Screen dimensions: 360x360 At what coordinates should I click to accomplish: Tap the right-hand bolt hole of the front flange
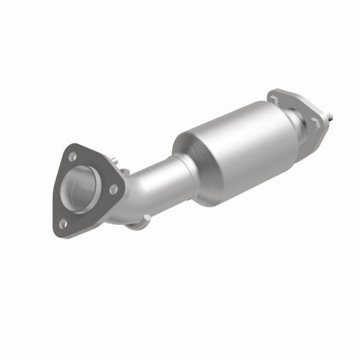point(112,188)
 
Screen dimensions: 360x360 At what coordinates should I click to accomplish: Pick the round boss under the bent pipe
point(137,225)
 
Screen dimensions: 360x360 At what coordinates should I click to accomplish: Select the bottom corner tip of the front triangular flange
point(62,231)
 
